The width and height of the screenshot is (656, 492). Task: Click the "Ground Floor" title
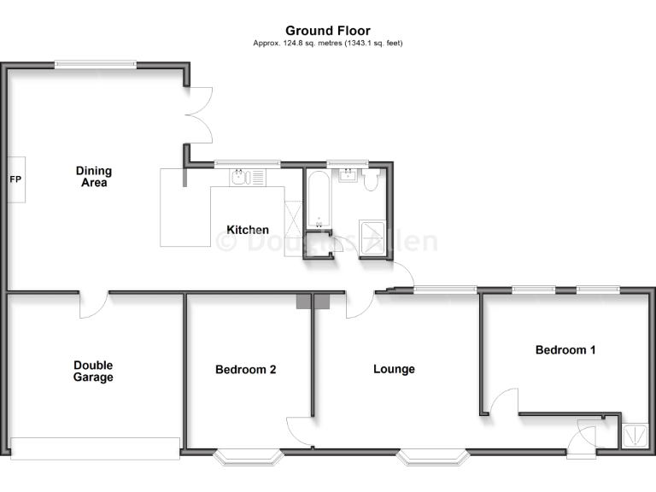pyautogui.click(x=328, y=31)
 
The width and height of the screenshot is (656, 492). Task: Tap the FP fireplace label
pyautogui.click(x=15, y=180)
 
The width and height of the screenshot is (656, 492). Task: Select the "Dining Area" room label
pyautogui.click(x=93, y=177)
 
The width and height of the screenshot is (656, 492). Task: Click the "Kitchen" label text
pyautogui.click(x=247, y=230)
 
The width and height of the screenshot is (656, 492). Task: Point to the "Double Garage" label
pyautogui.click(x=93, y=372)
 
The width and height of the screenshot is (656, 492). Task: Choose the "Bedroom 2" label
pyautogui.click(x=245, y=370)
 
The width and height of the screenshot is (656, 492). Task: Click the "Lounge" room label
pyautogui.click(x=394, y=369)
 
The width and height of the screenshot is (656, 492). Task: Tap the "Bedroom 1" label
pyautogui.click(x=565, y=349)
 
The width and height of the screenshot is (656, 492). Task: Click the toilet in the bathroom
pyautogui.click(x=372, y=180)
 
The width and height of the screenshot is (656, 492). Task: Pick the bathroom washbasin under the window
pyautogui.click(x=348, y=176)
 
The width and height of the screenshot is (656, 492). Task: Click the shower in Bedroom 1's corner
pyautogui.click(x=634, y=436)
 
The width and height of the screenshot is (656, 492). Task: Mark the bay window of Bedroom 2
pyautogui.click(x=247, y=457)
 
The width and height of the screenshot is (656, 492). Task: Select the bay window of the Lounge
pyautogui.click(x=432, y=457)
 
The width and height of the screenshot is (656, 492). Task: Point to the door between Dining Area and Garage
pyautogui.click(x=93, y=304)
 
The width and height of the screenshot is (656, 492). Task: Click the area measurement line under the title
pyautogui.click(x=328, y=43)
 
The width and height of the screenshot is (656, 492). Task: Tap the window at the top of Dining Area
pyautogui.click(x=95, y=63)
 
